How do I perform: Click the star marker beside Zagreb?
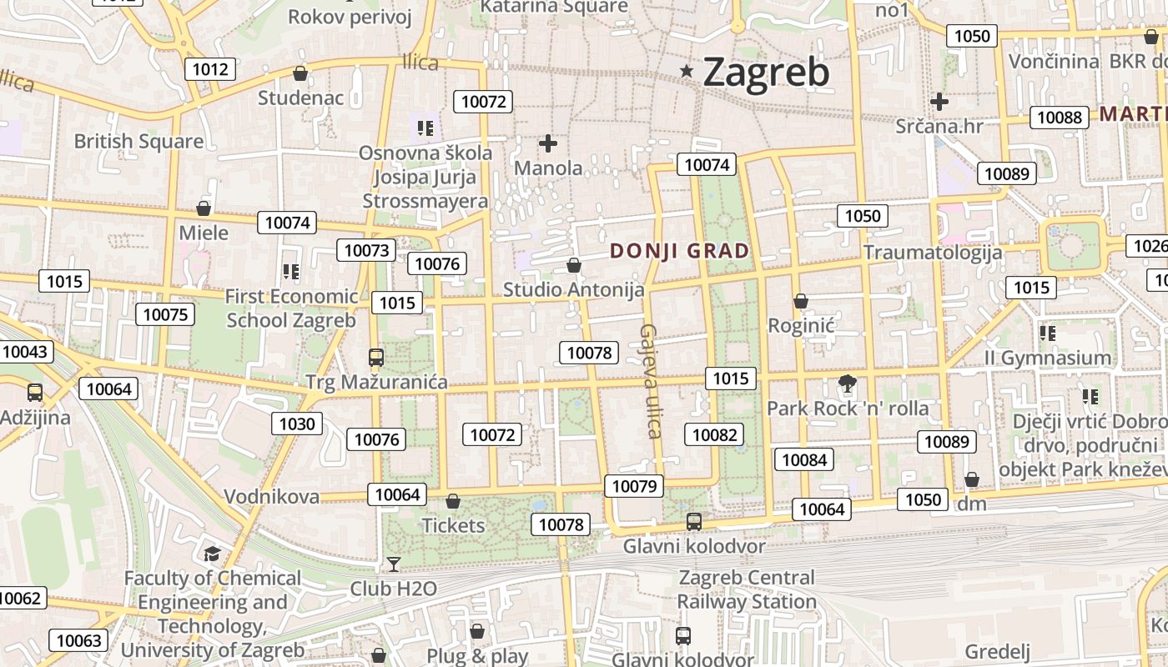tap(687, 71)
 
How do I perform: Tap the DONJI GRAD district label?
tap(679, 250)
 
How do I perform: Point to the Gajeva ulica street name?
tap(650, 381)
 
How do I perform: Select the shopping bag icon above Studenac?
tap(300, 73)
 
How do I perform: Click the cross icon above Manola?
tap(548, 143)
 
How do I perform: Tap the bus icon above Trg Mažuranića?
tap(376, 358)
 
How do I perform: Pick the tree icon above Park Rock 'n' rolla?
tap(848, 384)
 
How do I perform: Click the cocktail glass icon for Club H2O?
tap(394, 564)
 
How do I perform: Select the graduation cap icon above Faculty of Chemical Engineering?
tap(212, 554)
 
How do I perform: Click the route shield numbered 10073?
tap(366, 250)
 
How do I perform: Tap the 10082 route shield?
tap(714, 434)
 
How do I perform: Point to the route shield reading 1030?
tap(297, 424)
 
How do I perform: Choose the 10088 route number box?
tap(1059, 118)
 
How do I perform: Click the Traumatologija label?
tap(932, 252)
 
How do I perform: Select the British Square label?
tap(138, 141)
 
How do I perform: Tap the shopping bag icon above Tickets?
tap(453, 501)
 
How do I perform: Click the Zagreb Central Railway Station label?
tap(746, 589)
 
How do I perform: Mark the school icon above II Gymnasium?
tap(1048, 333)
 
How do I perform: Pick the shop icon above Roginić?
tap(801, 300)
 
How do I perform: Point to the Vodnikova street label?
tap(271, 497)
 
